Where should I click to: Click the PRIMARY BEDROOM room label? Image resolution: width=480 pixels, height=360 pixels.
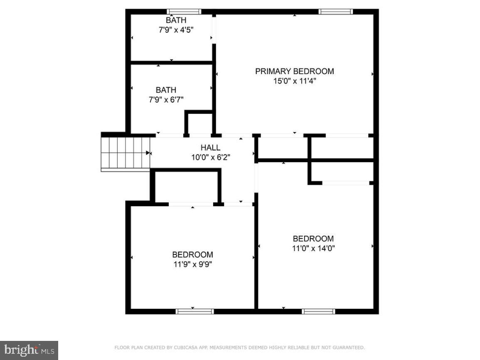click(294, 71)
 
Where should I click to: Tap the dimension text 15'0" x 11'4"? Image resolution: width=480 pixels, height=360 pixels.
click(295, 81)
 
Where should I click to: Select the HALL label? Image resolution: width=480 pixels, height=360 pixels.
click(210, 148)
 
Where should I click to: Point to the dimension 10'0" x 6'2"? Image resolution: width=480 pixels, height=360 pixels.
click(210, 157)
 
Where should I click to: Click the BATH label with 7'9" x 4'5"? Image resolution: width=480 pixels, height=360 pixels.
click(176, 20)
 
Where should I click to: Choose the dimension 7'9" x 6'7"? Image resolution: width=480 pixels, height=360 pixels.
click(166, 99)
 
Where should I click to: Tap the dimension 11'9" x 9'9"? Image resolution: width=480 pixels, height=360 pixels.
click(192, 264)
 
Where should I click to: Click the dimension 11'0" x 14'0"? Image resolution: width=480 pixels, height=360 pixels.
click(313, 248)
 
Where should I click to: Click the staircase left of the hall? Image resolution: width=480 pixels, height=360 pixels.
click(125, 152)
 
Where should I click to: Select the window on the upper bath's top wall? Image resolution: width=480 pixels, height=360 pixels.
click(184, 11)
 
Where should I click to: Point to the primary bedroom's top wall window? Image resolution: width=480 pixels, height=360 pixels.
click(335, 11)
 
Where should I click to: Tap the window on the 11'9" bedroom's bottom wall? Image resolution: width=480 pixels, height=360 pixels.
click(194, 311)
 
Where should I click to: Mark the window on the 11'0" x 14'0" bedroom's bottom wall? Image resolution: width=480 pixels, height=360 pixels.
click(318, 311)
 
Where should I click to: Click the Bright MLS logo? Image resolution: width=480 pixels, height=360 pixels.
click(29, 350)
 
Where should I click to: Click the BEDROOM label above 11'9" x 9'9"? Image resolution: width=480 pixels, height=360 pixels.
click(192, 254)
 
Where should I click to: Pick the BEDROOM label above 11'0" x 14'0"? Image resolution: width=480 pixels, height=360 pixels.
click(313, 239)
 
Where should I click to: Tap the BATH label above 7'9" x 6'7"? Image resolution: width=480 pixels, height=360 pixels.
click(166, 90)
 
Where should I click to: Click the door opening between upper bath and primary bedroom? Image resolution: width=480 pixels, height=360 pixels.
click(214, 29)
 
